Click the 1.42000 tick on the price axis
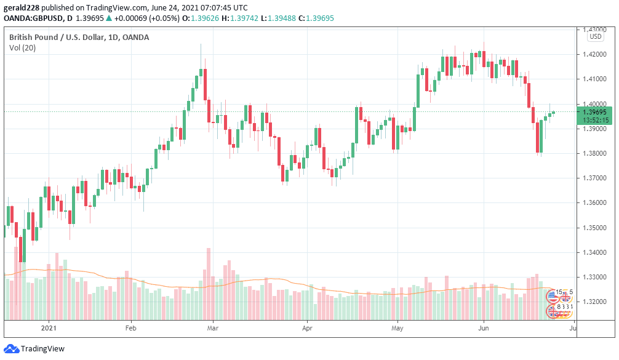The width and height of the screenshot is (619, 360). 594,54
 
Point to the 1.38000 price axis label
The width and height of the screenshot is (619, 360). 594,153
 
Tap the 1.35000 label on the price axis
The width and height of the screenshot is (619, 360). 594,228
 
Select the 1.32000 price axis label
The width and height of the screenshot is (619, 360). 594,302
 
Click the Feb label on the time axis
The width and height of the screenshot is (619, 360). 130,327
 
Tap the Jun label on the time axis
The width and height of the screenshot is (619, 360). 483,327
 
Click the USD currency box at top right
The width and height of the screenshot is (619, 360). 595,36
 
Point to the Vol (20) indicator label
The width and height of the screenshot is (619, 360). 22,48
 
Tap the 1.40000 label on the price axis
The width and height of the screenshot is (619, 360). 594,103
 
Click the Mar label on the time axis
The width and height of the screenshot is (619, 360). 212,327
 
